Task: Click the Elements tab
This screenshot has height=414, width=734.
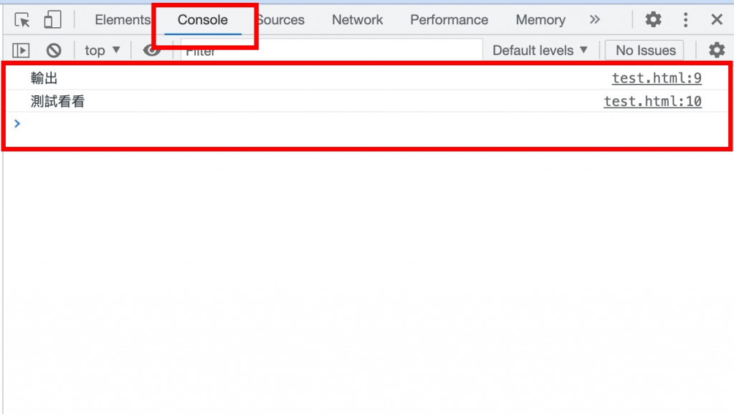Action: click(122, 20)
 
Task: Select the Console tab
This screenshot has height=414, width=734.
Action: click(203, 20)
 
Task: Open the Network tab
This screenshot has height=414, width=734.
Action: click(357, 20)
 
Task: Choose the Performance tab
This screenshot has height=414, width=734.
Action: click(449, 20)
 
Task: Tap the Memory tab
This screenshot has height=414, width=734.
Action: click(540, 20)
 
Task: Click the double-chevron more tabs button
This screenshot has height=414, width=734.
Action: click(594, 20)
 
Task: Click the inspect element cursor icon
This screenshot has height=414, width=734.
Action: click(22, 20)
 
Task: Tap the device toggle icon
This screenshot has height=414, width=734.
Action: click(52, 20)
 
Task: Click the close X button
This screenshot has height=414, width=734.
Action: click(717, 20)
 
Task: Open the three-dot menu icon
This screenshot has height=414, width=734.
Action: click(686, 20)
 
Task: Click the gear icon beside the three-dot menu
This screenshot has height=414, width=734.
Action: click(653, 20)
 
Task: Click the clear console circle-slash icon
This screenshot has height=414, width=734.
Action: click(54, 50)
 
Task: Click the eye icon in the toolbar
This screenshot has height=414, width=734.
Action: click(151, 50)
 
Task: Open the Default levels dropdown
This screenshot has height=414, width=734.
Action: click(540, 50)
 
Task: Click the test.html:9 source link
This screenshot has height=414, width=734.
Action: click(657, 79)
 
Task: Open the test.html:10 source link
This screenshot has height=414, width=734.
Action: click(652, 102)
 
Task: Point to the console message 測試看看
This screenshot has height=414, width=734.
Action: click(57, 102)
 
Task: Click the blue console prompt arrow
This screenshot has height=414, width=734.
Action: click(18, 124)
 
